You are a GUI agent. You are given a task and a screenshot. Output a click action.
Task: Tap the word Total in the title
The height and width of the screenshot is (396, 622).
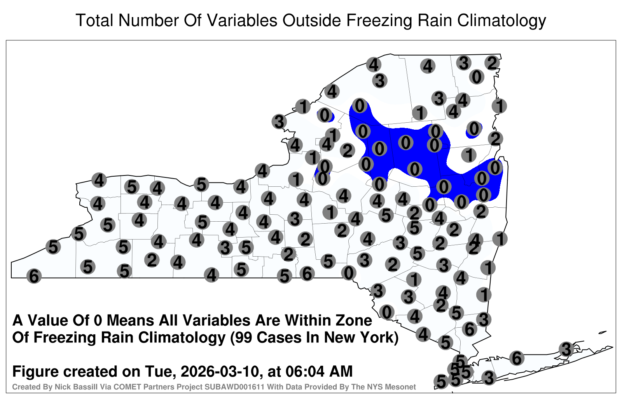(x=94, y=20)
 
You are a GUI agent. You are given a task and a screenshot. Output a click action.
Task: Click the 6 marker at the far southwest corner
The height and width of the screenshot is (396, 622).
(x=34, y=276)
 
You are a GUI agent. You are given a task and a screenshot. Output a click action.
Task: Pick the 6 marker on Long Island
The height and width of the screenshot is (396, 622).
(x=517, y=358)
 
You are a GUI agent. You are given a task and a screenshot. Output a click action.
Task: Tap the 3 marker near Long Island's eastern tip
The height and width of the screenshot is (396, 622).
(x=566, y=349)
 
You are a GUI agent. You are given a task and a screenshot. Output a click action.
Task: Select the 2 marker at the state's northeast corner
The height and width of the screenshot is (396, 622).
(x=492, y=63)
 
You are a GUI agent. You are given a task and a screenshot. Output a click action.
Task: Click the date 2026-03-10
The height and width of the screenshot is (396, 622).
(x=221, y=371)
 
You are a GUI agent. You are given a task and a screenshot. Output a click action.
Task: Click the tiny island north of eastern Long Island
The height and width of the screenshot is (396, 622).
(x=602, y=332)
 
